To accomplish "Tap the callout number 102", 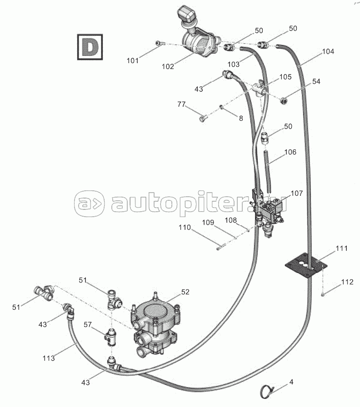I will click(168, 66).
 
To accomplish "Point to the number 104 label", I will click(328, 52).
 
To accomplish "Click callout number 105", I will click(285, 77).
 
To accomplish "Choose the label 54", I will click(315, 81).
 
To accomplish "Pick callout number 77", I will click(182, 104).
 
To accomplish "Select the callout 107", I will click(296, 193).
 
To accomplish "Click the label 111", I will click(341, 248).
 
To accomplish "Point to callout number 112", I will click(347, 282).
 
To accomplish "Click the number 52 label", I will click(185, 292).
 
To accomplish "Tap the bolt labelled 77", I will click(203, 119).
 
